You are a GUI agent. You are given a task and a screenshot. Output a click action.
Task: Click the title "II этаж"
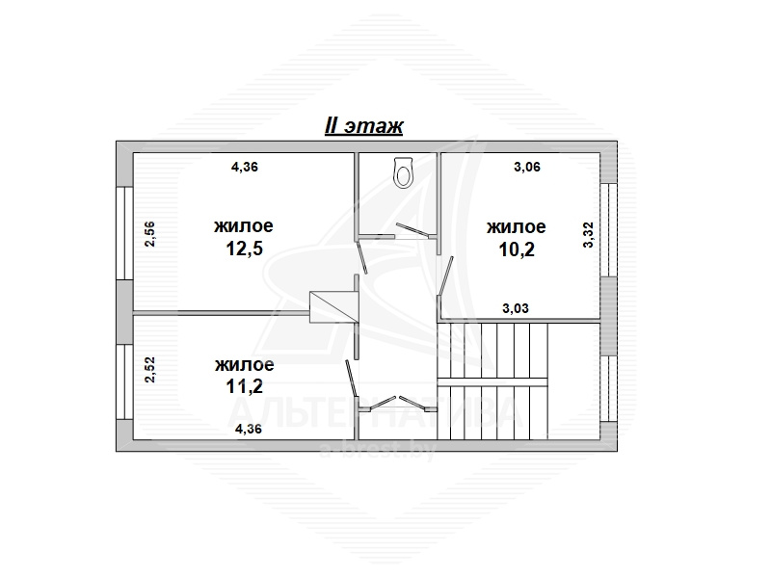[364, 126]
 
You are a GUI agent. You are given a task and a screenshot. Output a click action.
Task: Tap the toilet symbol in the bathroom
[404, 172]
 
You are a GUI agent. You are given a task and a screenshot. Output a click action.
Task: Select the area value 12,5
[244, 249]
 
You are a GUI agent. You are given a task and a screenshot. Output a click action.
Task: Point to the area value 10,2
[517, 249]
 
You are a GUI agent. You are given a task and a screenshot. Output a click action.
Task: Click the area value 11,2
[245, 386]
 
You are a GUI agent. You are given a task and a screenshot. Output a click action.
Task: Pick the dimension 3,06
[527, 167]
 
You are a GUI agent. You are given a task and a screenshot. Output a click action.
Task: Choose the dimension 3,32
[589, 235]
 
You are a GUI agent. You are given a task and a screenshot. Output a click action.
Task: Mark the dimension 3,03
[516, 308]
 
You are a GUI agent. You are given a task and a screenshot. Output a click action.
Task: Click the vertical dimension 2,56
[150, 234]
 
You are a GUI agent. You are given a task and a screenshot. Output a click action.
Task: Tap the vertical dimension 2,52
[150, 370]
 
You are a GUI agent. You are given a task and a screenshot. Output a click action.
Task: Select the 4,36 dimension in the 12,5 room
[245, 167]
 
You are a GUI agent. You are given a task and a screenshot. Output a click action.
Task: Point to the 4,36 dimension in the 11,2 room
[249, 429]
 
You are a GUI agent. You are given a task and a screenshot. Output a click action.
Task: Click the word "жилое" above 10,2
[517, 227]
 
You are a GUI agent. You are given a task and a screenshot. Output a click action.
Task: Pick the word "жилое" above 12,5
[244, 226]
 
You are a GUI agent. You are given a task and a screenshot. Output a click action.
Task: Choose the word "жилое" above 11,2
[245, 365]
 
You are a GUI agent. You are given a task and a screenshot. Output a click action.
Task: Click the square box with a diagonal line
[333, 307]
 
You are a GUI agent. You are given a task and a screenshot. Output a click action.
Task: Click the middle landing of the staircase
[492, 381]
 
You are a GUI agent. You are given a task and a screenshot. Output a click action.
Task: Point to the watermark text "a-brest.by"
[378, 450]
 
